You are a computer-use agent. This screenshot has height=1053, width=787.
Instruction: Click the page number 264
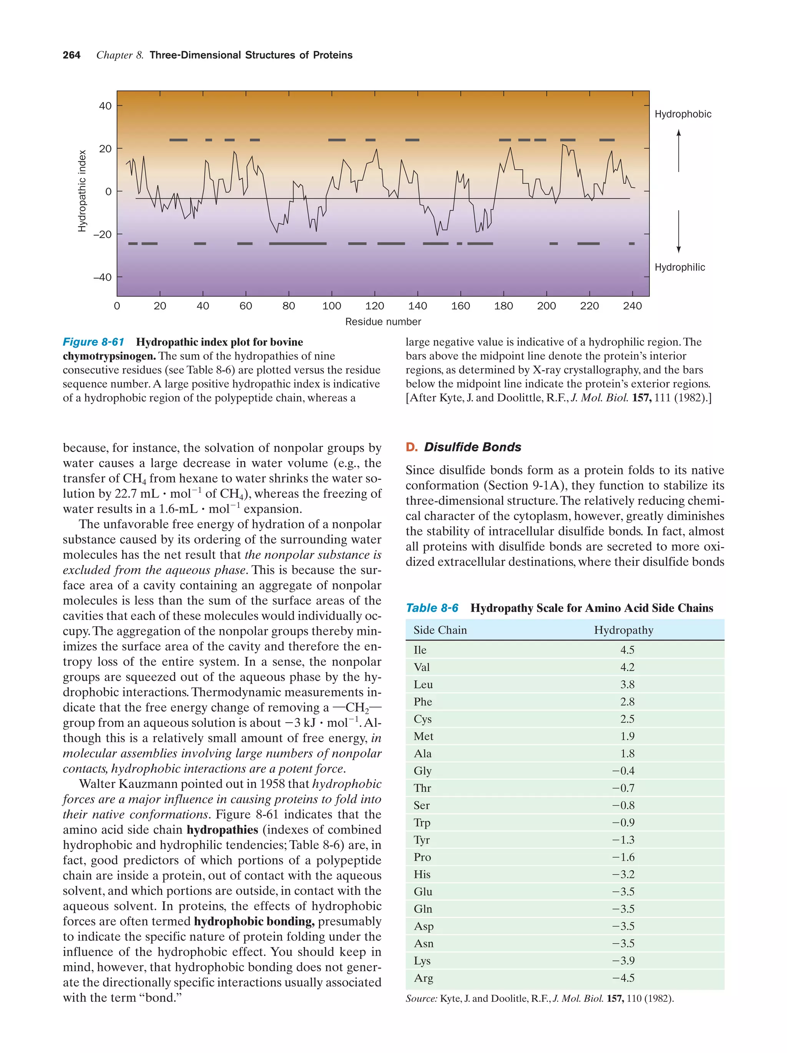(x=71, y=55)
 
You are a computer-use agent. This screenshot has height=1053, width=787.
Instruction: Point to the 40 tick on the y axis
(x=105, y=106)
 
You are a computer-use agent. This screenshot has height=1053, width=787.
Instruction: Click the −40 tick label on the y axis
(x=102, y=277)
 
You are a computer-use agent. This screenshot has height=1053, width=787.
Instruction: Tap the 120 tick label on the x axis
(x=374, y=306)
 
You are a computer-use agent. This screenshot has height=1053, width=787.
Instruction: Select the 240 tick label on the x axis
(x=632, y=306)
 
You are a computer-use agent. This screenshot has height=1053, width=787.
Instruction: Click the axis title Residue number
(x=383, y=322)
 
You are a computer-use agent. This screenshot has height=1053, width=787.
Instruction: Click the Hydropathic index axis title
(x=82, y=191)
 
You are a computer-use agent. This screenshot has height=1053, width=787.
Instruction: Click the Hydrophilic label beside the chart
(x=679, y=267)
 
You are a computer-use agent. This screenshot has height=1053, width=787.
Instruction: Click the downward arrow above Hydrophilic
(x=679, y=232)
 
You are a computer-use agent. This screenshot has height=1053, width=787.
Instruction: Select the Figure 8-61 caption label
(x=93, y=342)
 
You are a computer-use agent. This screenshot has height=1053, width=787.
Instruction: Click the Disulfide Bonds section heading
(x=472, y=447)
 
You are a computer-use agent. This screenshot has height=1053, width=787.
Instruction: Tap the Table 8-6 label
(x=432, y=608)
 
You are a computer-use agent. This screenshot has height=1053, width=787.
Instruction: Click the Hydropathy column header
(x=623, y=630)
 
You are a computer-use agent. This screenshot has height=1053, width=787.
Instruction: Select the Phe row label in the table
(x=423, y=702)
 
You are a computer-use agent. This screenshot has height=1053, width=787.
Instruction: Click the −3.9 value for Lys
(x=623, y=961)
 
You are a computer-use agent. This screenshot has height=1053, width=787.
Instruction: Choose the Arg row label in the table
(x=423, y=978)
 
